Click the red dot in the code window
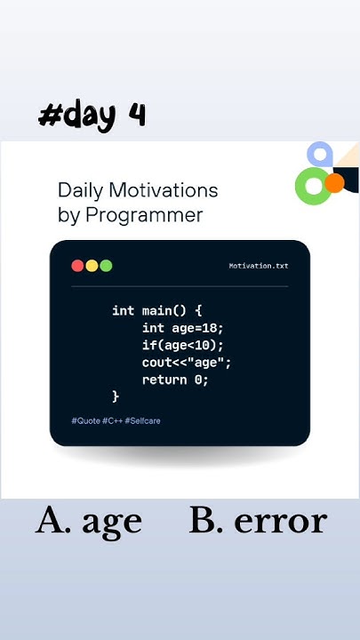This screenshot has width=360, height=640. (x=77, y=266)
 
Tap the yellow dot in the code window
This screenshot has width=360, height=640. (x=92, y=266)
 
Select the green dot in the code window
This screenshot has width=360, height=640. (x=106, y=266)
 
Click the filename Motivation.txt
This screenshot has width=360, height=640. (x=258, y=266)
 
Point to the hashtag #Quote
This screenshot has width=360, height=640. (x=85, y=420)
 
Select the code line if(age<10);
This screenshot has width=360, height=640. (x=183, y=345)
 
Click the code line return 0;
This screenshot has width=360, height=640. (x=175, y=380)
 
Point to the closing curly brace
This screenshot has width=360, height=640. (x=116, y=396)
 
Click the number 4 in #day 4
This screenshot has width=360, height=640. (x=136, y=115)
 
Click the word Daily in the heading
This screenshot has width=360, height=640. (x=81, y=189)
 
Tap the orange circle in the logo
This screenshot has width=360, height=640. (x=334, y=183)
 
